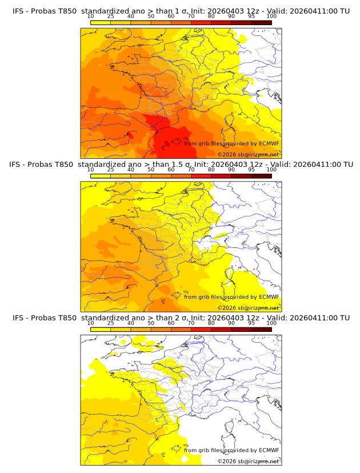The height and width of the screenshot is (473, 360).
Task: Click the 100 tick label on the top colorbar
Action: coord(271,17)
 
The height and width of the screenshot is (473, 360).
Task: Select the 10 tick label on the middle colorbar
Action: coord(90,170)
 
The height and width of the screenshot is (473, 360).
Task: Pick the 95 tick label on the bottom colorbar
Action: coord(251,323)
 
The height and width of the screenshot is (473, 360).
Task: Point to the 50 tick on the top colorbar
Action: coord(150,17)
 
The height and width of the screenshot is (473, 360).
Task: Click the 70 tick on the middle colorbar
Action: coord(191,170)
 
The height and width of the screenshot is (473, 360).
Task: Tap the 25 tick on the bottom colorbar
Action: coord(110,323)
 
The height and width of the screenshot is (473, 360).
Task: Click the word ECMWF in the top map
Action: coord(269,143)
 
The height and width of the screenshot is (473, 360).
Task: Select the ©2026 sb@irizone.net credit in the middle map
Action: coord(248,307)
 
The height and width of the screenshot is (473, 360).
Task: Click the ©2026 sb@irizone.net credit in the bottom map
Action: coord(248,461)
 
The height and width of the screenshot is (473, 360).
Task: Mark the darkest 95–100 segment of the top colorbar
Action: coord(262,22)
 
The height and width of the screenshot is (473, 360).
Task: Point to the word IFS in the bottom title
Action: coord(18,318)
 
